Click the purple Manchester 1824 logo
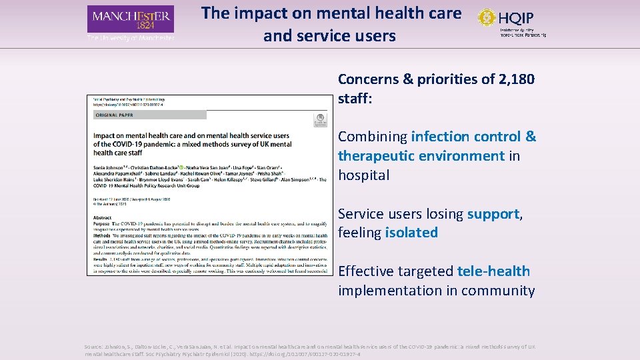(130, 19)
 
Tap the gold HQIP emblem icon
(487, 17)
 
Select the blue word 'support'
(493, 214)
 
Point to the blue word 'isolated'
(411, 233)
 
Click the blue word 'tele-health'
(493, 271)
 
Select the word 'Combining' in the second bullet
(372, 137)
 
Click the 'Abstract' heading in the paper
(103, 217)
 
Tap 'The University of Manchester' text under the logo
(131, 38)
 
